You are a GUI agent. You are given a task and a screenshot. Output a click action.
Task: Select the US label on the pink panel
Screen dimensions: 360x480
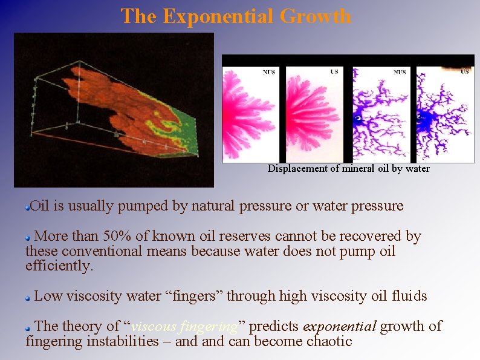tap(334, 72)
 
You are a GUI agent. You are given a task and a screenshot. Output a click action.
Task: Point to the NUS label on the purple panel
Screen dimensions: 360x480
tap(400, 72)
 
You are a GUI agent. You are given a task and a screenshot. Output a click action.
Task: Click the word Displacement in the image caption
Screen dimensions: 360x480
tap(298, 169)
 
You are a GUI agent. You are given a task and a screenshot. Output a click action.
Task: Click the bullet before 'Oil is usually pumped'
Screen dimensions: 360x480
tap(28, 207)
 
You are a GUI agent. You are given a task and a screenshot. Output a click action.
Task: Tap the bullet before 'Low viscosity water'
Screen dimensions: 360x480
tap(28, 298)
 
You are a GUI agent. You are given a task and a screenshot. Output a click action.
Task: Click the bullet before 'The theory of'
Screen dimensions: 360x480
tap(28, 327)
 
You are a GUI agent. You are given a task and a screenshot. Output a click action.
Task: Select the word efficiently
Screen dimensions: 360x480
tap(59, 266)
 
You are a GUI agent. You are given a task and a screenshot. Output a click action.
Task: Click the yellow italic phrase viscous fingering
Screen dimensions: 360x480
tap(184, 327)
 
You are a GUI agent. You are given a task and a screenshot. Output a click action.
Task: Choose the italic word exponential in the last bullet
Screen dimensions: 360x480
tap(340, 327)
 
